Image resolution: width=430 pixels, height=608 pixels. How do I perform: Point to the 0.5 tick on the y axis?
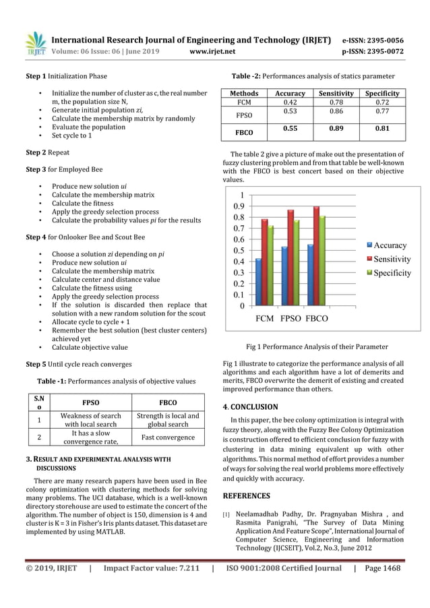239,250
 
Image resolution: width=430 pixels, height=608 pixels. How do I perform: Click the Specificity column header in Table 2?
382,93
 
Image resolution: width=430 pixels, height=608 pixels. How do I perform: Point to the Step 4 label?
36,237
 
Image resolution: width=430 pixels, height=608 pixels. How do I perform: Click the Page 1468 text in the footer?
382,568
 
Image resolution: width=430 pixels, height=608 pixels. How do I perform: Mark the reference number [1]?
226,514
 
